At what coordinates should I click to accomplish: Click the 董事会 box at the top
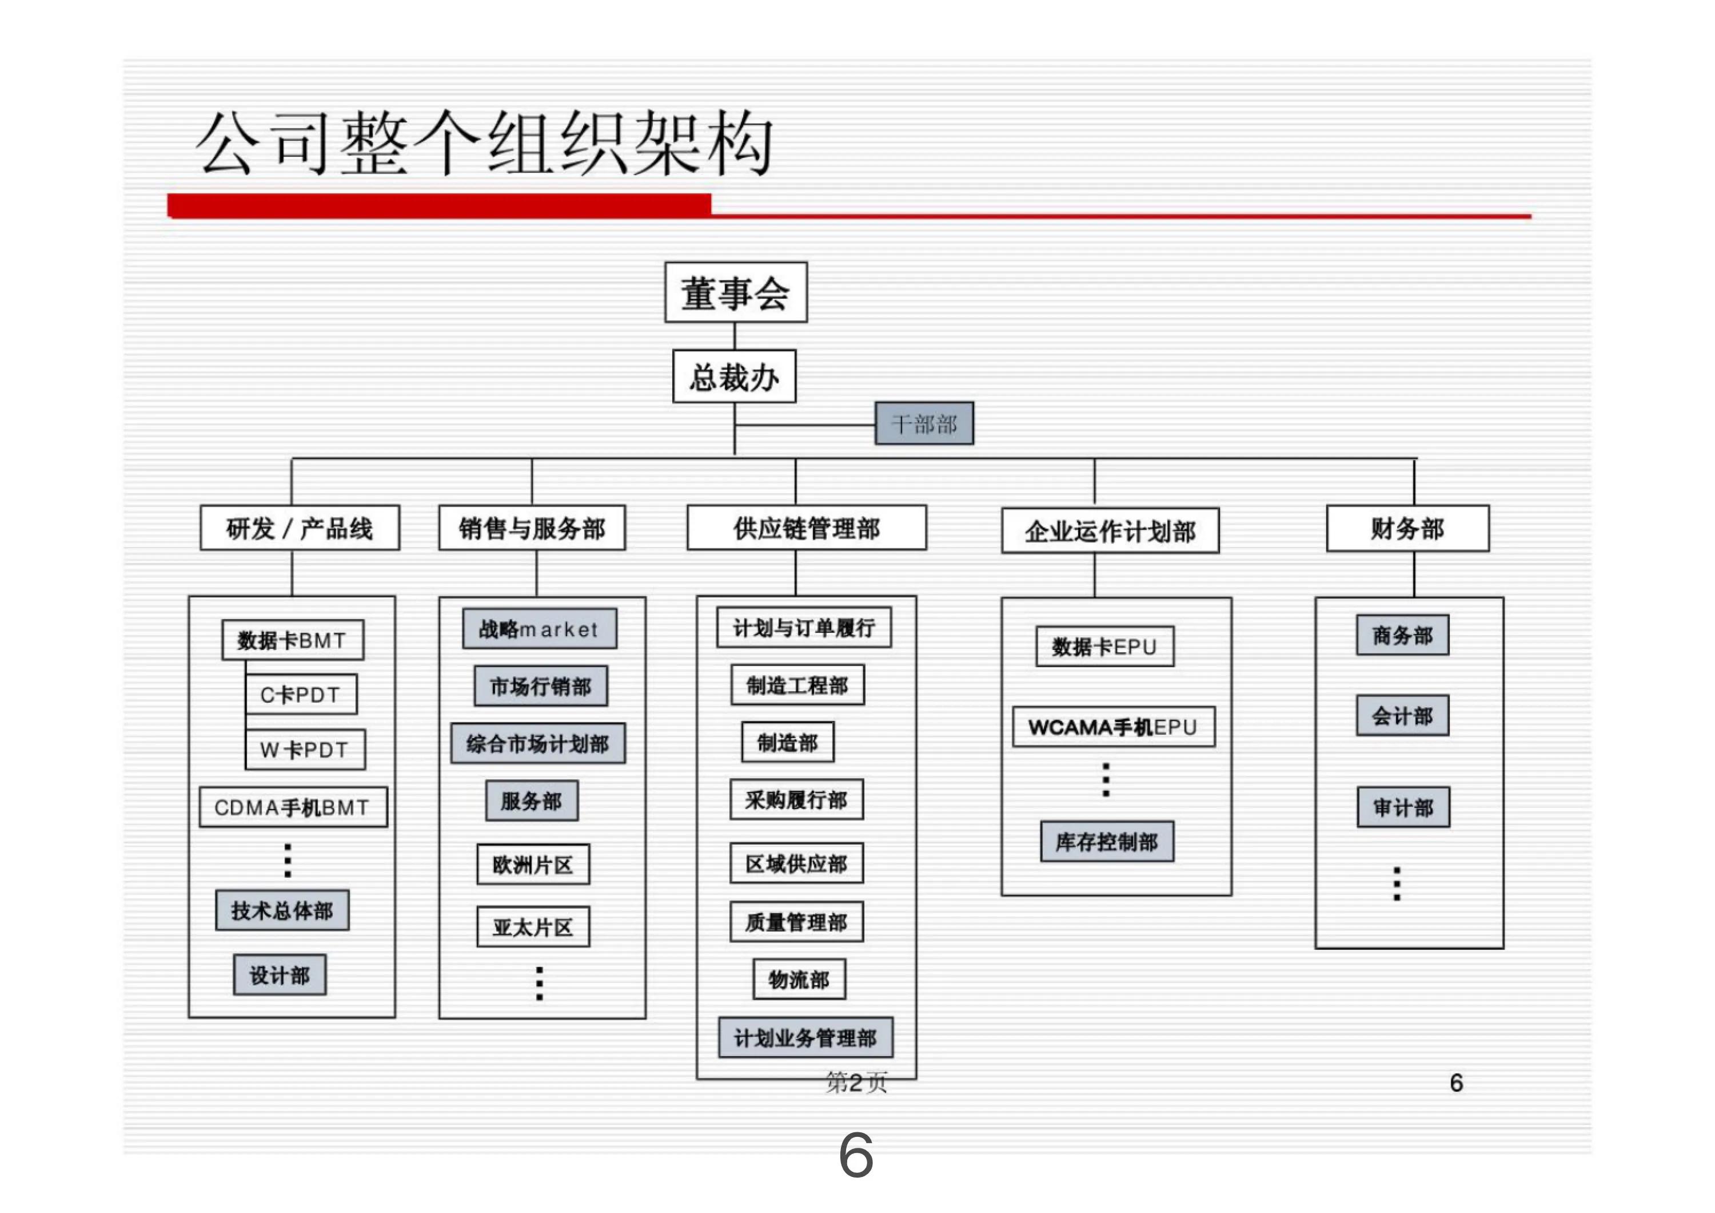point(736,292)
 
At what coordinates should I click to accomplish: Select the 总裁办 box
point(734,376)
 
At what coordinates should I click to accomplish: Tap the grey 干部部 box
point(924,424)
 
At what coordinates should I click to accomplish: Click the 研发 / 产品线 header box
point(300,528)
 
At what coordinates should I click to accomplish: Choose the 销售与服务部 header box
point(532,528)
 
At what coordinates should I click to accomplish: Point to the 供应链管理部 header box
point(807,528)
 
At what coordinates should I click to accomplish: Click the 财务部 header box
point(1407,528)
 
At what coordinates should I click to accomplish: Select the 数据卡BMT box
point(293,640)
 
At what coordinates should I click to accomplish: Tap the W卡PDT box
point(305,749)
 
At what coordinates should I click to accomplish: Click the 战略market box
point(539,629)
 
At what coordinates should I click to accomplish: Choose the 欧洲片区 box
point(533,865)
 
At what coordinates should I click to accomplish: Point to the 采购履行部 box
point(796,800)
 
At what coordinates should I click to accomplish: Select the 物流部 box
point(799,979)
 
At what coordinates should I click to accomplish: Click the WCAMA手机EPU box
point(1113,727)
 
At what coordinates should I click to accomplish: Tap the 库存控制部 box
point(1107,842)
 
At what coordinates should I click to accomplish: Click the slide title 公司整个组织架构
point(484,144)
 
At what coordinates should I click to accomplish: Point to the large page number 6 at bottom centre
point(856,1155)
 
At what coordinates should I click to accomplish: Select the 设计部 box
point(280,974)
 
